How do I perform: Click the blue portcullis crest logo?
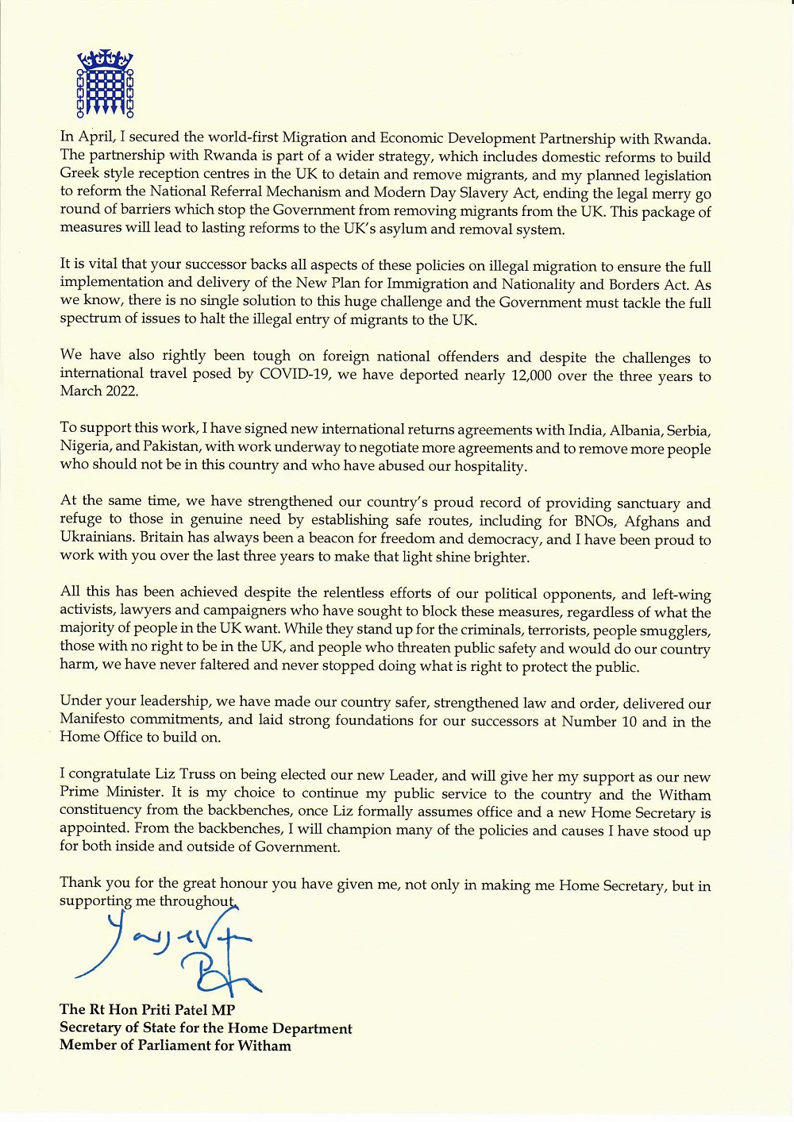pyautogui.click(x=105, y=83)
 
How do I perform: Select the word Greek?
pyautogui.click(x=80, y=174)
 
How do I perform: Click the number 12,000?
pyautogui.click(x=531, y=375)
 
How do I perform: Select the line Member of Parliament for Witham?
pyautogui.click(x=175, y=1046)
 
